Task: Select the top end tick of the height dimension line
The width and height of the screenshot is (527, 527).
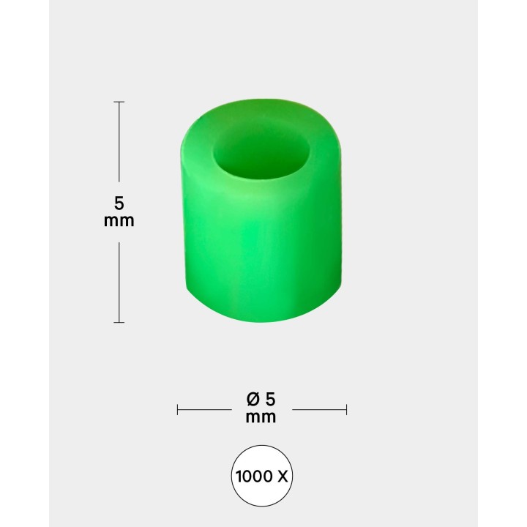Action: click(x=119, y=102)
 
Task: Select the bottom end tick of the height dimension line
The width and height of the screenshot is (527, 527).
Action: click(x=119, y=322)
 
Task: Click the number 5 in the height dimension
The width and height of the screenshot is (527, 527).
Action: click(x=119, y=203)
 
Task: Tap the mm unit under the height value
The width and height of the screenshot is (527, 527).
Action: click(x=119, y=220)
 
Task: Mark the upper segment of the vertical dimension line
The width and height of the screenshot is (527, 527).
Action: click(x=119, y=143)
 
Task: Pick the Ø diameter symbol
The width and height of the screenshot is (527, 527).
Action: click(x=253, y=400)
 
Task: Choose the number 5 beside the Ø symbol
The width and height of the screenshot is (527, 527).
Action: click(x=271, y=400)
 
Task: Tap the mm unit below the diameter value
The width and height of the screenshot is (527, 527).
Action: click(x=262, y=417)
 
